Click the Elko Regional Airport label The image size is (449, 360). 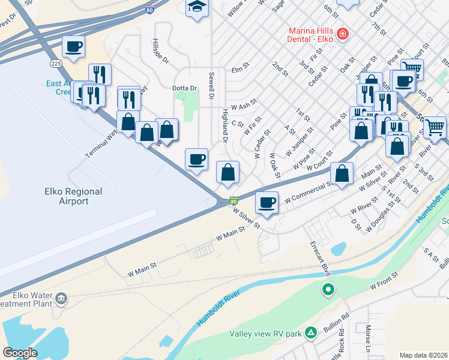pos(73,196)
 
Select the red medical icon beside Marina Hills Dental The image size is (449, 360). pos(343,34)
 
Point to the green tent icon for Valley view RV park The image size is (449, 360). pos(311,332)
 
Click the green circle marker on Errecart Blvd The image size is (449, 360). pos(328,291)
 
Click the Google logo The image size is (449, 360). pos(20,353)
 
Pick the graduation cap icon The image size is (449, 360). pos(196,8)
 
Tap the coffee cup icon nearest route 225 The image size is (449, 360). pos(73,46)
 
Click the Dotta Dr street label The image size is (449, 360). pos(185,88)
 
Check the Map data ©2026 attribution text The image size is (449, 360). pos(423,355)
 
